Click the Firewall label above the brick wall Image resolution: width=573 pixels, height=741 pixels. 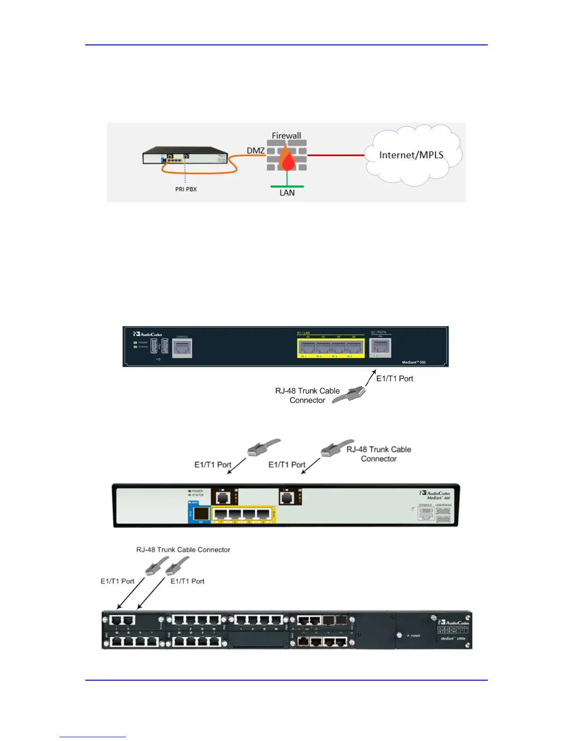[x=286, y=136]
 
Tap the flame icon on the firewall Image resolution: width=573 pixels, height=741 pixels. [x=287, y=160]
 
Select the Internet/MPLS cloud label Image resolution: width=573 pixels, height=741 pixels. [x=411, y=155]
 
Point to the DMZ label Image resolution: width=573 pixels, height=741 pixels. [x=256, y=151]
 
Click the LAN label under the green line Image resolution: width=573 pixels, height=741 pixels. [x=287, y=193]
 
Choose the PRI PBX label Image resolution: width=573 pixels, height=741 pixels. [x=186, y=189]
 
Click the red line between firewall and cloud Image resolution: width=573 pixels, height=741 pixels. [x=336, y=155]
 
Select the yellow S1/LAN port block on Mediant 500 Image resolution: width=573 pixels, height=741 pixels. [x=331, y=348]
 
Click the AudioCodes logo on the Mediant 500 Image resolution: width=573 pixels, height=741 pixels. [x=147, y=334]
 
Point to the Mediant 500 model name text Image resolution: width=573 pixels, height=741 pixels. [x=413, y=363]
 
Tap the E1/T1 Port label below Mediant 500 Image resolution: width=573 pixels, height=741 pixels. [x=395, y=378]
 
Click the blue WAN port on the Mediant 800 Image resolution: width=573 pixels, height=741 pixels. [x=200, y=514]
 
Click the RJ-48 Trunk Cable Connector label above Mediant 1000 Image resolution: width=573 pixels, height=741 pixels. [x=183, y=550]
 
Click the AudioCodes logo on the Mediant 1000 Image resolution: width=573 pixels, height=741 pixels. [x=454, y=622]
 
